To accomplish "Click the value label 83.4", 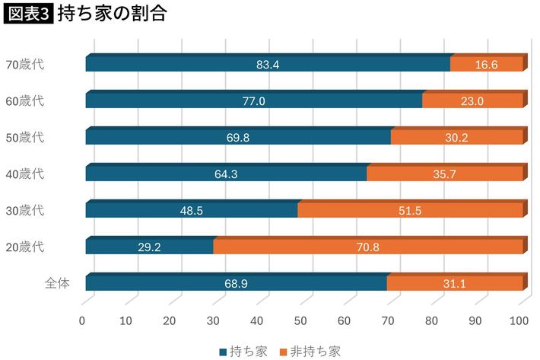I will tap(268, 65).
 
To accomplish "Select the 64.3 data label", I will tap(226, 174).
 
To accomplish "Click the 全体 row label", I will tap(57, 282).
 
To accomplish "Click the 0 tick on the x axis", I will tap(82, 320).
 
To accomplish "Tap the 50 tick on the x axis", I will tap(302, 320).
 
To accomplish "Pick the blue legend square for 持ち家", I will tap(223, 352).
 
